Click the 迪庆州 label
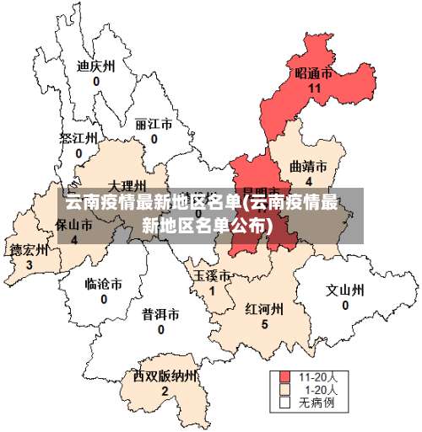[95, 66]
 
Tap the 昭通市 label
[313, 73]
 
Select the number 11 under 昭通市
[315, 88]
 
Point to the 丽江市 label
[154, 124]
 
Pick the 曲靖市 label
[308, 166]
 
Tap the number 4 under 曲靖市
[309, 181]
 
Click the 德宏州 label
[29, 250]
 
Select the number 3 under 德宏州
[29, 264]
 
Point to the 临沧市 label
[104, 285]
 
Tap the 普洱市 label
[160, 315]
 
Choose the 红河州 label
[264, 309]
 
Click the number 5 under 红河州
[264, 324]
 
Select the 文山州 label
[344, 291]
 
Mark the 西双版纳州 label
[165, 376]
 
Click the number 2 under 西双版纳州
[165, 390]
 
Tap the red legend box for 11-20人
[285, 377]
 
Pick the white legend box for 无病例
[285, 403]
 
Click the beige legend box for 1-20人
[285, 390]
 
